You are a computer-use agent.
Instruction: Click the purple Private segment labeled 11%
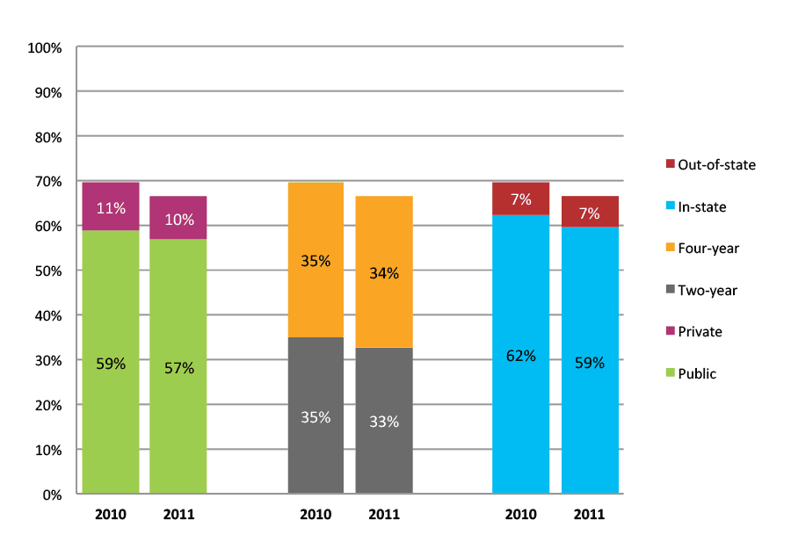111,206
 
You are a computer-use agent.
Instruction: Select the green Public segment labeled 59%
111,361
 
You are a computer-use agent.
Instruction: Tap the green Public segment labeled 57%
178,366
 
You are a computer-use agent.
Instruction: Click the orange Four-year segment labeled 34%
384,272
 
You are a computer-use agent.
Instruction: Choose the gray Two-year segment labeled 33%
384,421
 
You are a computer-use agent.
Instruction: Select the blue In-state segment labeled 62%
520,355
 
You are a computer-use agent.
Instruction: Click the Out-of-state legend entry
710,164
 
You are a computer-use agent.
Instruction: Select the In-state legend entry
695,206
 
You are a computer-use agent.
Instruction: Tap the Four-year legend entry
700,249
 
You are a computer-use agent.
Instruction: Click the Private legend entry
693,332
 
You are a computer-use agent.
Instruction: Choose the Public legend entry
690,374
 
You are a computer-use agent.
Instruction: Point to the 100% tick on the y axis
46,47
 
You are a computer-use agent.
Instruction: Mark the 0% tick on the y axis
52,495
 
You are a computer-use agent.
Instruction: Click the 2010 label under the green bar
111,514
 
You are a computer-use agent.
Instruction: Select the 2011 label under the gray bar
384,514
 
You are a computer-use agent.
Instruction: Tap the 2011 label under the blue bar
590,514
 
